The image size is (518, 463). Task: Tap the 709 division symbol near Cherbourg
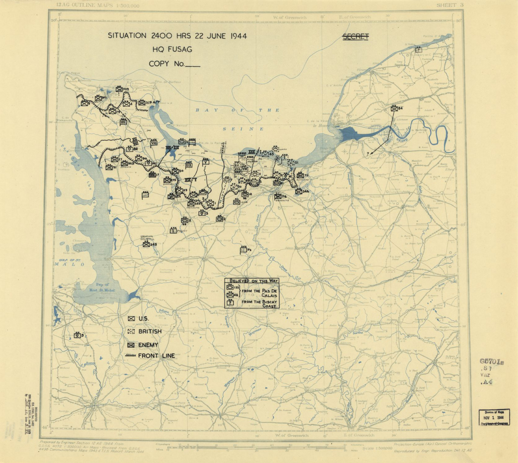(119, 89)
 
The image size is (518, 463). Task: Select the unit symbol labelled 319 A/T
(141, 103)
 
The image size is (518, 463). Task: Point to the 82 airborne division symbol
(129, 149)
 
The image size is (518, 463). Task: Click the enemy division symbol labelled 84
(394, 108)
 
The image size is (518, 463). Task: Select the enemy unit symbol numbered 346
(299, 191)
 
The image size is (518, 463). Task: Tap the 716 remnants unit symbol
(278, 197)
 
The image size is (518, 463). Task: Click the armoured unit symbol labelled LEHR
(237, 202)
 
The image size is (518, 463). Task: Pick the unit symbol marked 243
(98, 98)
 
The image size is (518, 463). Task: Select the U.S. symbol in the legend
(131, 318)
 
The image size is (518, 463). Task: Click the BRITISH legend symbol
(131, 331)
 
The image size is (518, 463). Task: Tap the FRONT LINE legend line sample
(130, 356)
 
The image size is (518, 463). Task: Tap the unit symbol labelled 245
(146, 244)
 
